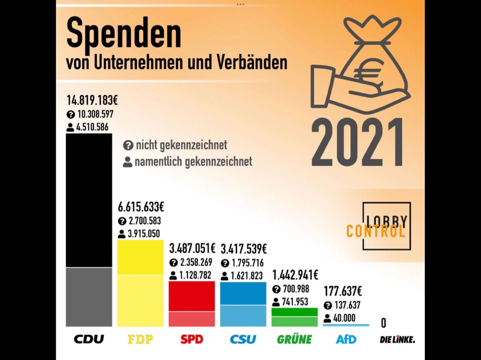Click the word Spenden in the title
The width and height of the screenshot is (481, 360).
click(x=123, y=34)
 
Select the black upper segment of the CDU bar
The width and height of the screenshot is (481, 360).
click(x=89, y=200)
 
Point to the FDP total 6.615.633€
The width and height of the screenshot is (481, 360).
click(x=141, y=207)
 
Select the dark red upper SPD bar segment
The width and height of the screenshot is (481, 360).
click(x=192, y=296)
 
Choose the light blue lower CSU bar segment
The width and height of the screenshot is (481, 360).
click(x=243, y=316)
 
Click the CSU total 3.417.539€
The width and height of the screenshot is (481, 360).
click(x=243, y=249)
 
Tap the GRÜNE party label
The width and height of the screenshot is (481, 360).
click(x=294, y=340)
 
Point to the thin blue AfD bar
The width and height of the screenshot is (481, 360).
click(x=346, y=325)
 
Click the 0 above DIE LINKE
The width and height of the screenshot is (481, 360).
click(x=384, y=323)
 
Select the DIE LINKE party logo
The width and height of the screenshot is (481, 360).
click(x=397, y=340)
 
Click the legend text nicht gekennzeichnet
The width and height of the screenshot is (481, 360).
click(x=181, y=145)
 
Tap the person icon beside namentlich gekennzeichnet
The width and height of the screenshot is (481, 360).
click(x=128, y=162)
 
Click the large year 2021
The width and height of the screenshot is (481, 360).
click(x=357, y=143)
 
